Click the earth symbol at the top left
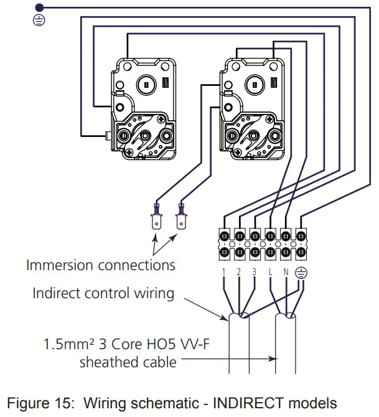pyautogui.click(x=37, y=20)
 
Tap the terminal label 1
pyautogui.click(x=223, y=271)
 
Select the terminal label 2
pyautogui.click(x=239, y=271)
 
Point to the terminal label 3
pyautogui.click(x=255, y=271)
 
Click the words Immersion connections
pyautogui.click(x=100, y=265)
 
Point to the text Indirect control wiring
pyautogui.click(x=103, y=293)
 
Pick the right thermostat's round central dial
pyautogui.click(x=254, y=83)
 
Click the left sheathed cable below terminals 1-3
pyautogui.click(x=240, y=349)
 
